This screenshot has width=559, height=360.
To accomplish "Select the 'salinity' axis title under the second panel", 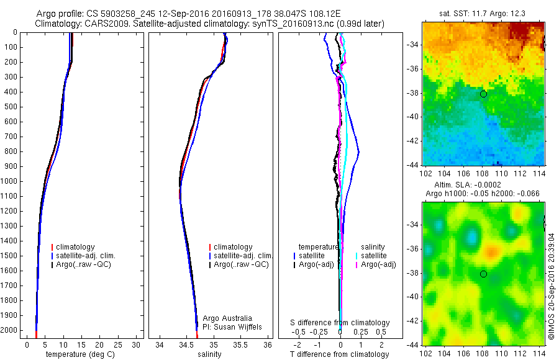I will coord(209,354).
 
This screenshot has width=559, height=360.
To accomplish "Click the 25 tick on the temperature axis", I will coord(119,344).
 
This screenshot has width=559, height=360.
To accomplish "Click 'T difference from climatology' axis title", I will coord(340,354).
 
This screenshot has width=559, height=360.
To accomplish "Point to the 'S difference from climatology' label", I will coord(340,323).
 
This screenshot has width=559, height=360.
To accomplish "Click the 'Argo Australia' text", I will coord(228,318).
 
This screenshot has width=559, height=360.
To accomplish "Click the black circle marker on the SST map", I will coord(483,94).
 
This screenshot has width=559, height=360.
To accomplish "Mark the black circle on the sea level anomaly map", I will coord(483,274).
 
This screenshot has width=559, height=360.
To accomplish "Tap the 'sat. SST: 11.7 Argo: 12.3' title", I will coord(482,13).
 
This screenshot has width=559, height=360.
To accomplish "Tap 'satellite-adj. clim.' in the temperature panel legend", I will coord(86,256).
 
